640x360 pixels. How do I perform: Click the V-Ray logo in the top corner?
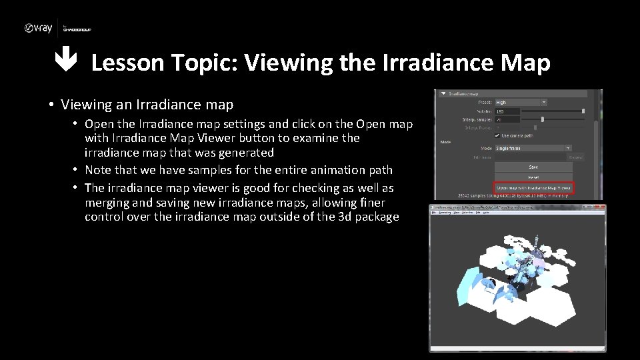click(38, 28)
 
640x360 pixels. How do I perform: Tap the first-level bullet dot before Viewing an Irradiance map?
click(51, 105)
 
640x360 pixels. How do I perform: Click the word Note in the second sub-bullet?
click(99, 171)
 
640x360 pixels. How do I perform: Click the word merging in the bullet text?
click(107, 202)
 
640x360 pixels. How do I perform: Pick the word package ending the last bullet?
click(376, 217)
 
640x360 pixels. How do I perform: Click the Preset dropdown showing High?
click(521, 103)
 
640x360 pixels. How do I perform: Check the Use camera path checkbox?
click(497, 135)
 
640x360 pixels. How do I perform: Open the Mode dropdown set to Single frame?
click(533, 148)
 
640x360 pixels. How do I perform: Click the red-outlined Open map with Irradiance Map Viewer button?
click(534, 189)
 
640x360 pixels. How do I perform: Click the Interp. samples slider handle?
click(542, 119)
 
